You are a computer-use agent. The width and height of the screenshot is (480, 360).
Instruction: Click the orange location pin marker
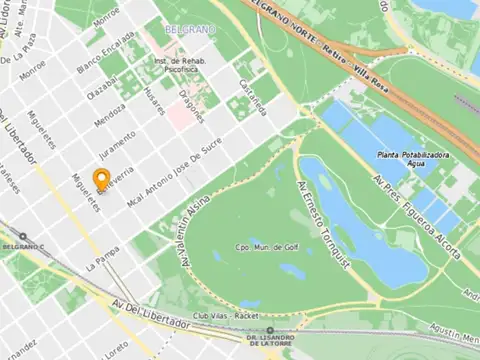tap(100, 179)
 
